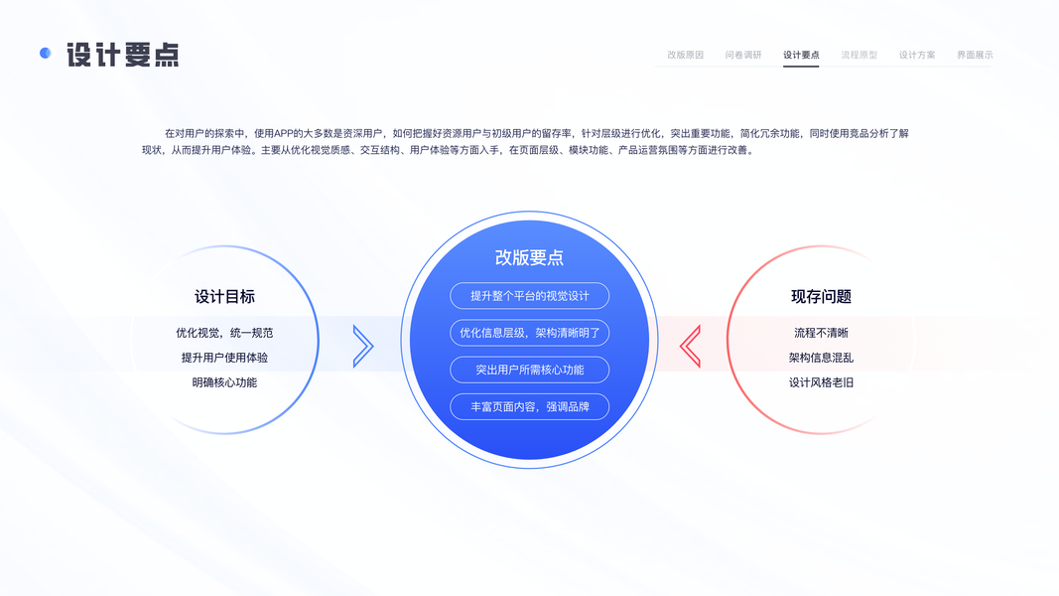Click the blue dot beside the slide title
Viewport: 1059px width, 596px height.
(x=45, y=54)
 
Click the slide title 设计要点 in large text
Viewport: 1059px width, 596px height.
(x=123, y=55)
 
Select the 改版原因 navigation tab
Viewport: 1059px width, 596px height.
(x=685, y=55)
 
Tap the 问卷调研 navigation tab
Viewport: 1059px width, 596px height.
(x=743, y=55)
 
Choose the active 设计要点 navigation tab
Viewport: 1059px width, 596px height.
(x=801, y=55)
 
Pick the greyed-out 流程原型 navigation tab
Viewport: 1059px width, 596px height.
(x=859, y=55)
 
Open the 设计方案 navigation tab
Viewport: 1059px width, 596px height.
(x=917, y=55)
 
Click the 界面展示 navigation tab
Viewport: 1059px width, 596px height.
(x=975, y=55)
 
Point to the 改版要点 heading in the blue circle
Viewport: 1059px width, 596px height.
(x=529, y=257)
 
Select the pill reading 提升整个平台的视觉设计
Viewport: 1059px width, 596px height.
(x=529, y=296)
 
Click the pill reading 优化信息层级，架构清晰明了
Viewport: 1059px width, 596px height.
(x=529, y=333)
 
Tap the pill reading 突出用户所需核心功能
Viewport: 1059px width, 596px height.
(x=529, y=370)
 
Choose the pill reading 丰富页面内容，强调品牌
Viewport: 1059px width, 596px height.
(x=529, y=406)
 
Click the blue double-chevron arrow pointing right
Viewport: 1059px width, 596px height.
(x=363, y=346)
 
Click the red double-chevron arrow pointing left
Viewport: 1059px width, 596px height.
(x=690, y=346)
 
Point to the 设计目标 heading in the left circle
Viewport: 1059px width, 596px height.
(x=224, y=297)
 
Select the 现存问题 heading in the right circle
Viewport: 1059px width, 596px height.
(x=821, y=297)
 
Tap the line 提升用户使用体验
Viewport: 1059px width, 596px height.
(x=224, y=358)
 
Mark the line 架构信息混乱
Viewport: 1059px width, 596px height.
(x=821, y=358)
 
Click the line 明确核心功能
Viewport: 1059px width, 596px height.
(x=224, y=382)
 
